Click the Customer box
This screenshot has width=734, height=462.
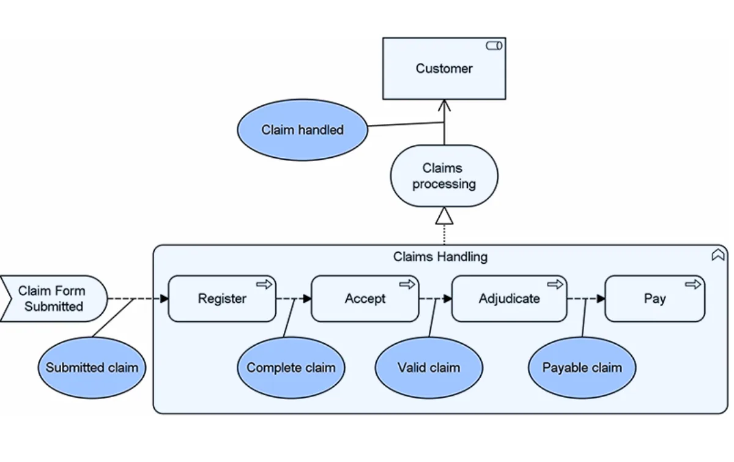[x=444, y=69]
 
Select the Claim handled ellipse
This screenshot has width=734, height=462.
[x=302, y=130]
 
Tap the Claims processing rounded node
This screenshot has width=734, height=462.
[x=444, y=176]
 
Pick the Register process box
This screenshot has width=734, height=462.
[x=222, y=299]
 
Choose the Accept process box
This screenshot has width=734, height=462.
[x=365, y=299]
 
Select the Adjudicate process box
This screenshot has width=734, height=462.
[x=509, y=299]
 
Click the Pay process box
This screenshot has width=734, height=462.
[x=654, y=299]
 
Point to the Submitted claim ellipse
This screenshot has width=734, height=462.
[x=92, y=368]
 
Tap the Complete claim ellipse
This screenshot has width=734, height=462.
[x=291, y=368]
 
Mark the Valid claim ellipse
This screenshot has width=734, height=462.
[x=429, y=368]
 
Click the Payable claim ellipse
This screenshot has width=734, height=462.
[x=582, y=368]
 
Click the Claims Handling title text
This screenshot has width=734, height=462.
[x=440, y=256]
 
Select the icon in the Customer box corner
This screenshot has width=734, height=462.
[x=494, y=46]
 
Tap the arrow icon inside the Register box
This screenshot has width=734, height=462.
[x=264, y=284]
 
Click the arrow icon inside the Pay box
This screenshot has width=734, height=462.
[x=692, y=284]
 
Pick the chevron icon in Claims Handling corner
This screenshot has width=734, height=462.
[x=717, y=255]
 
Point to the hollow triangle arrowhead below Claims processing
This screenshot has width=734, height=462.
[x=444, y=216]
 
